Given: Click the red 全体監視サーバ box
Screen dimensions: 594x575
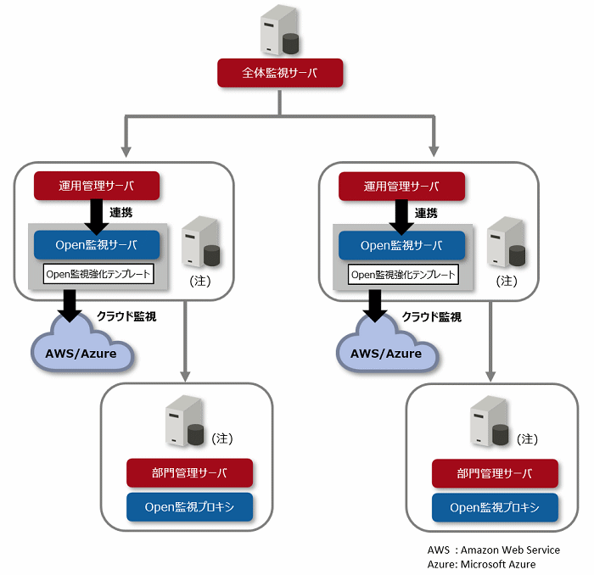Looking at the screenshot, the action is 280,73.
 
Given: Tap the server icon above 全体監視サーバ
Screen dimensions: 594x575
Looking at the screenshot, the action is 280,31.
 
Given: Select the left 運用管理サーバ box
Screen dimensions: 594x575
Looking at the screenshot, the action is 97,186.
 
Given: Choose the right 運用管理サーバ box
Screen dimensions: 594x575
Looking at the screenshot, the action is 401,187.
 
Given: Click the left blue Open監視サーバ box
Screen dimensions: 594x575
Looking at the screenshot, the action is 97,245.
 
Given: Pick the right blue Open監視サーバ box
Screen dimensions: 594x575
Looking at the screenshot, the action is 401,246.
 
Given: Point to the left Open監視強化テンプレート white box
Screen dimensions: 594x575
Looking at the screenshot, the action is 98,274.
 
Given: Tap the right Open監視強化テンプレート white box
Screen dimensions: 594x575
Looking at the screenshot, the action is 403,275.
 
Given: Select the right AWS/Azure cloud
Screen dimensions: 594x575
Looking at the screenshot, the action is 388,343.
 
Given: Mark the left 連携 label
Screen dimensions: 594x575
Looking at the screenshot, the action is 121,213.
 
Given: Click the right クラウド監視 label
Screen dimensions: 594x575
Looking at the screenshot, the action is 431,317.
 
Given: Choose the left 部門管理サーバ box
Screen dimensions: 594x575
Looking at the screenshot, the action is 189,472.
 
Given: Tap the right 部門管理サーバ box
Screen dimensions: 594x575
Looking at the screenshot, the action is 495,473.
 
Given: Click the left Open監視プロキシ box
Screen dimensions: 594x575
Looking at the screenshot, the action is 189,507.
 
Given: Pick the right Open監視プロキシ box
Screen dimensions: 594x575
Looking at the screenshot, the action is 495,508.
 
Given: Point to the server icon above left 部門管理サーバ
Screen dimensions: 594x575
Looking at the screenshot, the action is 185,421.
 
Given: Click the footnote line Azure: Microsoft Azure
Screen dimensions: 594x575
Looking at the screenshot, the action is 481,565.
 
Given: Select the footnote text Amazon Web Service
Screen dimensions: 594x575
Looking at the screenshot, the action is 510,550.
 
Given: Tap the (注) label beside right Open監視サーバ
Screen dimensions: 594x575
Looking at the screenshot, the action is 507,281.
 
